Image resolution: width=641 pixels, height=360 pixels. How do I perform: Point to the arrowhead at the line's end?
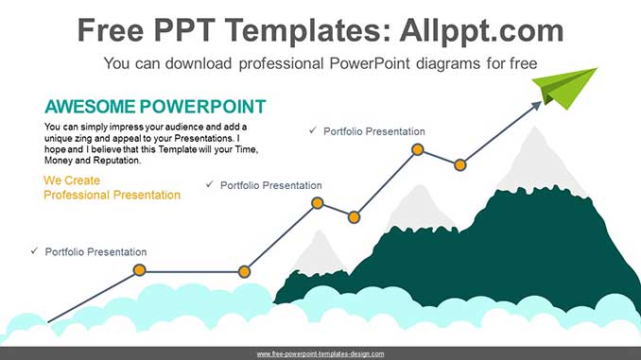(538, 105)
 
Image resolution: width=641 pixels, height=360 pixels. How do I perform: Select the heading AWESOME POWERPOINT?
(155, 106)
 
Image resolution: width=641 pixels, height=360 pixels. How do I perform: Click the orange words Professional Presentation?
(112, 195)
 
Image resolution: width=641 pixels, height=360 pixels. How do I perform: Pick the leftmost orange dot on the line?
(139, 271)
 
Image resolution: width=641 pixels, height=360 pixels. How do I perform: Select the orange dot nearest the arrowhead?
(459, 164)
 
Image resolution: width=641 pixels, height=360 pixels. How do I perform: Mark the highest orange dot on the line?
(417, 149)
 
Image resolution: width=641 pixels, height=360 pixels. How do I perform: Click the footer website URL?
(320, 353)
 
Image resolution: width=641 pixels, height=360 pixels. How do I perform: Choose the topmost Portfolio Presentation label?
(373, 131)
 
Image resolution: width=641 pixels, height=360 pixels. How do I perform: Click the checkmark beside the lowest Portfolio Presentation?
(34, 251)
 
